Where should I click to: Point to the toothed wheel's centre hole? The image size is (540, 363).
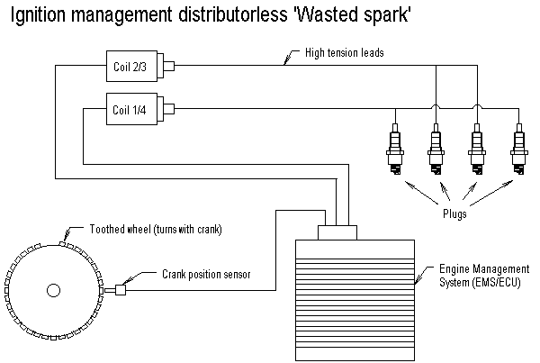(52, 289)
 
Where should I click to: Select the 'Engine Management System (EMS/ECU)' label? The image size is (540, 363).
(485, 277)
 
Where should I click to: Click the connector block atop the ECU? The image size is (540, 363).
(337, 232)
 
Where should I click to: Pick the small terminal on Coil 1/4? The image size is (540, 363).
(167, 110)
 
